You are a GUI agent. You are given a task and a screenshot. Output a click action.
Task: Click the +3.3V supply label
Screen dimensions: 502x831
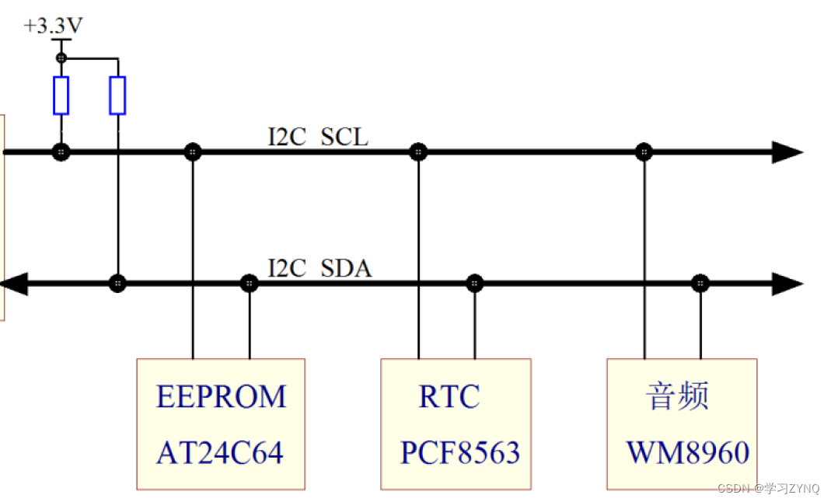(x=53, y=26)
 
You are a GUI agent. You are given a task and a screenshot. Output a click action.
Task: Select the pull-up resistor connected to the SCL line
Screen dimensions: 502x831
(x=61, y=96)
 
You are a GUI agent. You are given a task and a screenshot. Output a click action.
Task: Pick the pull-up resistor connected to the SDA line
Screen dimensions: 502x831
(x=117, y=96)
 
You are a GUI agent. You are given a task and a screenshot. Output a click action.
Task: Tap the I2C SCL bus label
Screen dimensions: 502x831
(x=318, y=138)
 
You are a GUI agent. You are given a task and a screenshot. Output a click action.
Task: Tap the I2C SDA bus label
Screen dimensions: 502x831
(x=319, y=269)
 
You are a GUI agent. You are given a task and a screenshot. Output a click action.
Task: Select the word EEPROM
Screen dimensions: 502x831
(x=221, y=396)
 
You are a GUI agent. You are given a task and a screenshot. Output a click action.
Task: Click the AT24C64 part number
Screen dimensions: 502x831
(x=220, y=452)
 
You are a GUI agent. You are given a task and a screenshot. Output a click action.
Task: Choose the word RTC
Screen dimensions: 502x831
(x=449, y=396)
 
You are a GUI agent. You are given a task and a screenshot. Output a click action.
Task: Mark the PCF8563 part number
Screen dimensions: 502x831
(x=459, y=452)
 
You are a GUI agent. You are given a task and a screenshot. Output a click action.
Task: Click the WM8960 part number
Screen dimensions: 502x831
(x=688, y=452)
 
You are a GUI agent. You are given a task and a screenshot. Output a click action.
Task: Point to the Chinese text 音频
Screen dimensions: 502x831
(x=677, y=396)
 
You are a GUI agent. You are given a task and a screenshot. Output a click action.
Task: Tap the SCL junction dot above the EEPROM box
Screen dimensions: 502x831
(x=192, y=152)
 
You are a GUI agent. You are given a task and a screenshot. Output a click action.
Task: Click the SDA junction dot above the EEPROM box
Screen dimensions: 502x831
(x=249, y=283)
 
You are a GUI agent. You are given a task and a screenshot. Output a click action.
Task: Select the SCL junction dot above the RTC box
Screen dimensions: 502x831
(x=418, y=152)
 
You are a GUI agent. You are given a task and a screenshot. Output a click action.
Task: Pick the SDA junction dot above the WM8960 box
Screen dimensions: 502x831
(x=700, y=283)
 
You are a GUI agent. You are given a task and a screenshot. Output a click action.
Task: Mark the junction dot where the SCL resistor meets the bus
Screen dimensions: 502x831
(x=61, y=152)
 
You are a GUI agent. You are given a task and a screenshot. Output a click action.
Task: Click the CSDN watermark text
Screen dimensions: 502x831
(x=768, y=488)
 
